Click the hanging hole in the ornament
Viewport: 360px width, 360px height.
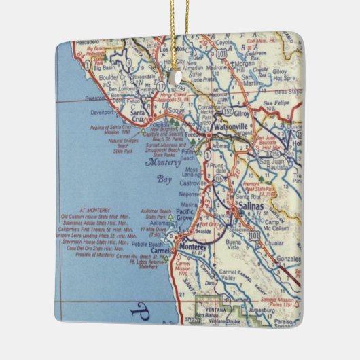pos(181,77)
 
